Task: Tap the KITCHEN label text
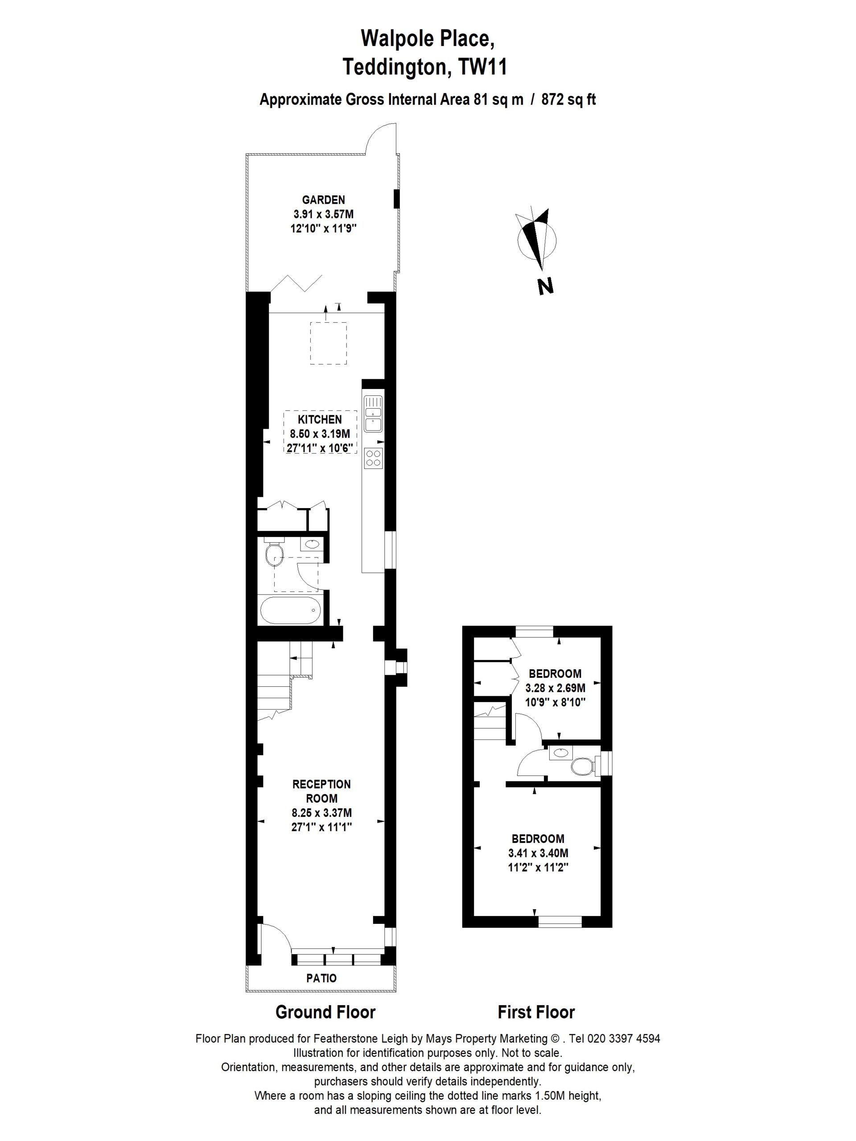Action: (320, 419)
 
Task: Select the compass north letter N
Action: (545, 286)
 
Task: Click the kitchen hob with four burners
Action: (373, 458)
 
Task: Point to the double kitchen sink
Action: (373, 413)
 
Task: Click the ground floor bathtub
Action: (292, 610)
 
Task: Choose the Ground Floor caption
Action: (325, 1026)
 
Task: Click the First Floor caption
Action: (536, 1026)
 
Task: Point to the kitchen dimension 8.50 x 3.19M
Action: (320, 433)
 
